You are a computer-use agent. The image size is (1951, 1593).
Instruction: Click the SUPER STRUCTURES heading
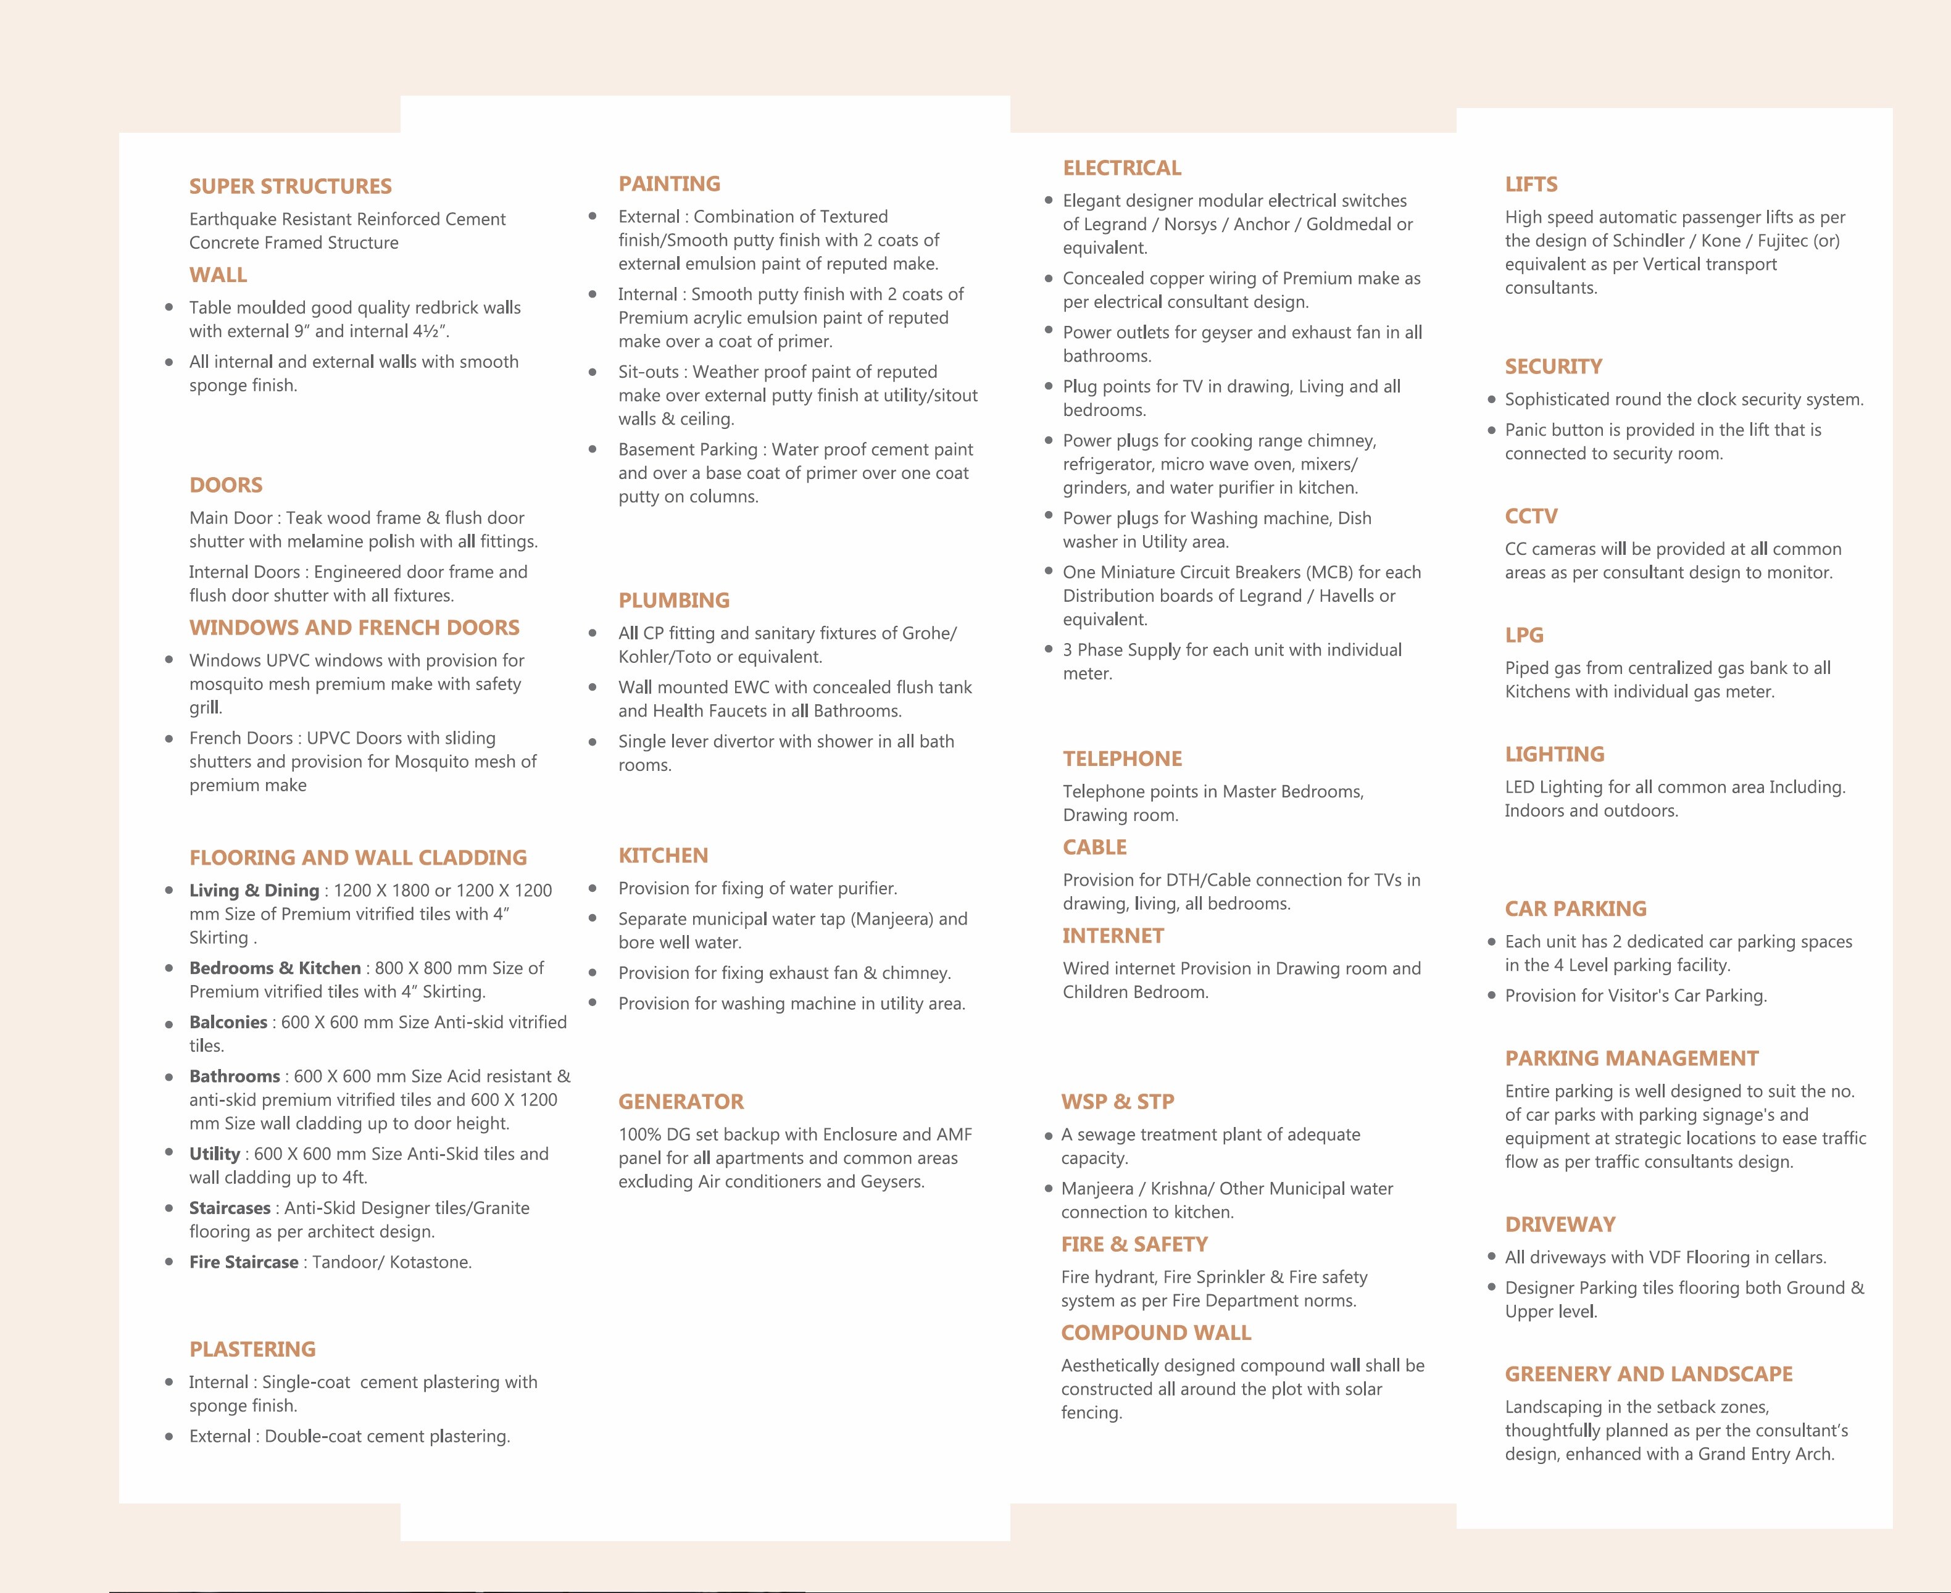290,186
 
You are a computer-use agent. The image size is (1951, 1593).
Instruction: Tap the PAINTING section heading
669,183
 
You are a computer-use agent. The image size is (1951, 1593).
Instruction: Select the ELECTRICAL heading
1121,168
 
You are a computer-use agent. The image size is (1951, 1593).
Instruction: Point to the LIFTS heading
1531,185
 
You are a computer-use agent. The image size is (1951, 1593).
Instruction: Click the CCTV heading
1531,516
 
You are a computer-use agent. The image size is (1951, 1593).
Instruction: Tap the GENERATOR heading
681,1101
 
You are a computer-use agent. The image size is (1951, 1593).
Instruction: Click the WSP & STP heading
1117,1101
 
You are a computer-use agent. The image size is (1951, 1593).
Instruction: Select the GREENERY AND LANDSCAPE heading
1648,1374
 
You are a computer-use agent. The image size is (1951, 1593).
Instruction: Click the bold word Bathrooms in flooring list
234,1076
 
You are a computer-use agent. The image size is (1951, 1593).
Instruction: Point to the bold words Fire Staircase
243,1262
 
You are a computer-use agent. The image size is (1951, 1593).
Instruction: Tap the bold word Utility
214,1154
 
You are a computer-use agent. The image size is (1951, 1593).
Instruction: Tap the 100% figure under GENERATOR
639,1134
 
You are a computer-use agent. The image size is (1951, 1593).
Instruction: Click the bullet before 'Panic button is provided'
1491,430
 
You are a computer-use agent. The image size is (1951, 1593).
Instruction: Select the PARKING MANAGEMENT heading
1631,1058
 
